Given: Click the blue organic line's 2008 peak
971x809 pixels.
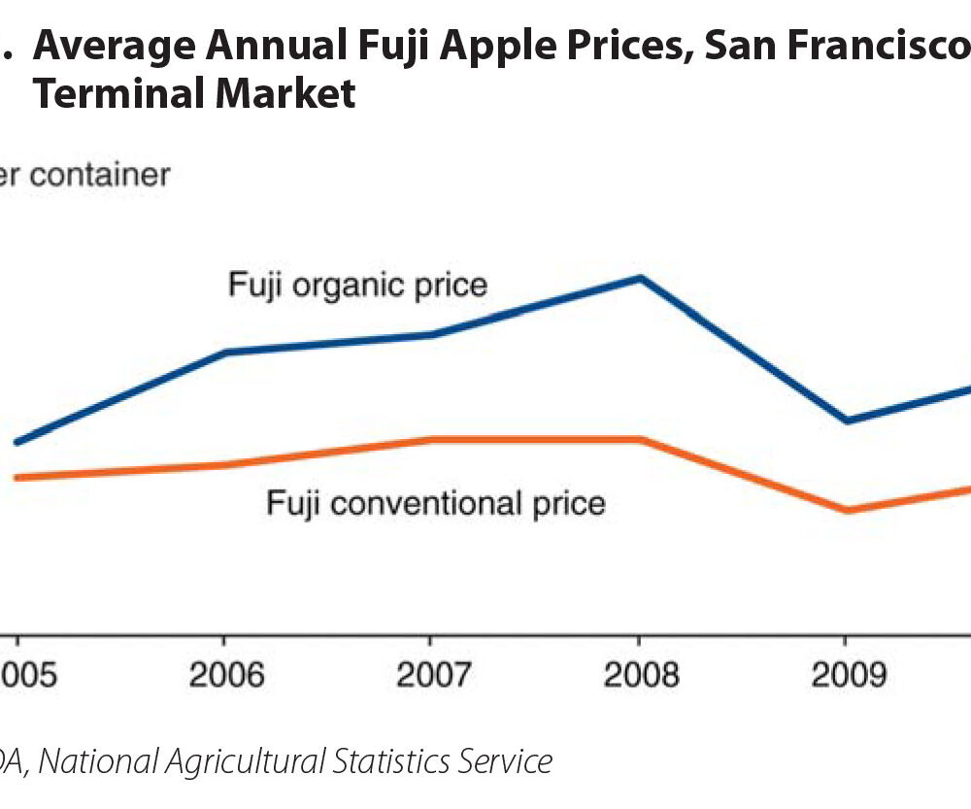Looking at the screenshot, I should click(x=639, y=279).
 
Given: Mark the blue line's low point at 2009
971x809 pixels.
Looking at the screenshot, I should click(x=846, y=421).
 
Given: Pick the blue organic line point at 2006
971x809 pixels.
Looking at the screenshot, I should click(x=225, y=352).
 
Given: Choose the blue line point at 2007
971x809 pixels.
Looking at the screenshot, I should click(x=431, y=335).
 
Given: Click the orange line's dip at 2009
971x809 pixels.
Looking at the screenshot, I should click(x=846, y=510).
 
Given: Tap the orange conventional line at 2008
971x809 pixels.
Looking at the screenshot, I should click(x=639, y=440).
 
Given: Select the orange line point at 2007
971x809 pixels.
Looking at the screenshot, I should click(x=431, y=440).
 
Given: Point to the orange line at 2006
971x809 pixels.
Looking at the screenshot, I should click(x=225, y=465).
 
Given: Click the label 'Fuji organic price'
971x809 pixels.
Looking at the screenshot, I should click(x=357, y=286).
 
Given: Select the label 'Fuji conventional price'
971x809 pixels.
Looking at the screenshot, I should click(x=436, y=503).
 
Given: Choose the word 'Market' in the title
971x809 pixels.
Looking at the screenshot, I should click(x=290, y=94).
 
